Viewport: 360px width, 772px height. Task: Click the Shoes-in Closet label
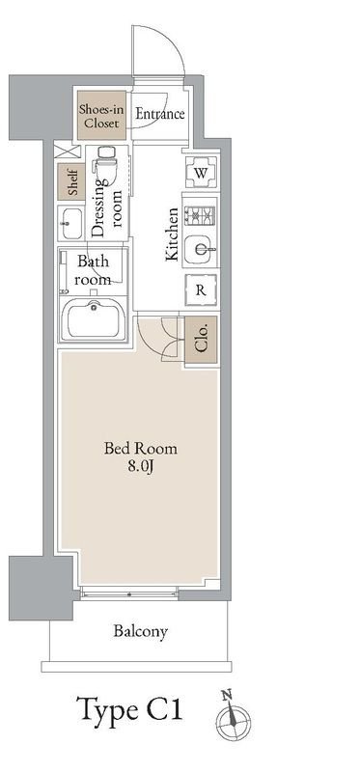[x=101, y=115]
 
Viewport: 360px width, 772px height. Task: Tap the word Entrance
[x=160, y=114]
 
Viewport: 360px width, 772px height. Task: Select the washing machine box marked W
[x=201, y=173]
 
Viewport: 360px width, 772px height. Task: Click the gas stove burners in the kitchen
[x=200, y=214]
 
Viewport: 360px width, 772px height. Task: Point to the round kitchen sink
[x=201, y=249]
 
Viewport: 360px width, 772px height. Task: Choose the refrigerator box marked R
[x=201, y=290]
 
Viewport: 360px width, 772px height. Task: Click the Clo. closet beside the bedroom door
[x=201, y=341]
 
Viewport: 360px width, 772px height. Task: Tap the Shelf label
[x=71, y=181]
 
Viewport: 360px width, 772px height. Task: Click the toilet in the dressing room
[x=105, y=162]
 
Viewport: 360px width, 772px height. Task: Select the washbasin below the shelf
[x=70, y=222]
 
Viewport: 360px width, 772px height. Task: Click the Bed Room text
[x=140, y=449]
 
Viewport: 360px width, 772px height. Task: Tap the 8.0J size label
[x=141, y=466]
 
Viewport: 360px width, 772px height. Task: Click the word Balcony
[x=140, y=631]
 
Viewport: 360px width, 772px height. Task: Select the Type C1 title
[x=130, y=710]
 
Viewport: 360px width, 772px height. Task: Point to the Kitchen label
[x=172, y=234]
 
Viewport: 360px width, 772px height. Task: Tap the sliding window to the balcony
[x=129, y=593]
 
